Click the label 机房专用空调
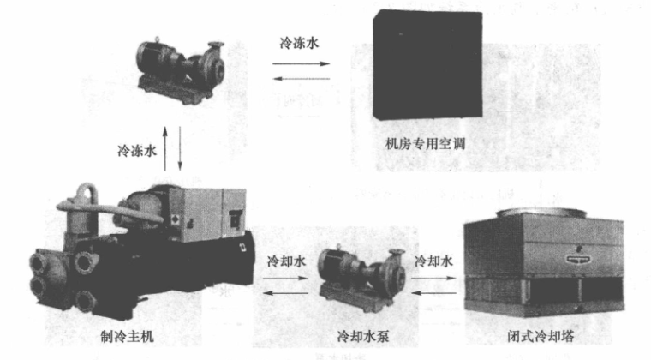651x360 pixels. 425,144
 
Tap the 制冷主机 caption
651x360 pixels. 127,335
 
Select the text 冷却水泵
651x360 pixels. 363,335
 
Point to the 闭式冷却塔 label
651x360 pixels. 541,335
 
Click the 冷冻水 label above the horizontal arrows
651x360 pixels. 299,43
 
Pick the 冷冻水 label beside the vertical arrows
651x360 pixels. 137,150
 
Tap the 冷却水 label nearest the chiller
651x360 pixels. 286,261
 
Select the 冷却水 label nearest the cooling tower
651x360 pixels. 434,261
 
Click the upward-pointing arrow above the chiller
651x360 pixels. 165,148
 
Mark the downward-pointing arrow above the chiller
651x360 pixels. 180,148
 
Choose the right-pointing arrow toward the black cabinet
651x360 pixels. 301,64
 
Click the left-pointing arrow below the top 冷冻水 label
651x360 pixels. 301,79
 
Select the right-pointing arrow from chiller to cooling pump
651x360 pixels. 285,279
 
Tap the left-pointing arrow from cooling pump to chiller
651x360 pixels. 285,293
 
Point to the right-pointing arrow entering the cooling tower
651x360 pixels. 434,279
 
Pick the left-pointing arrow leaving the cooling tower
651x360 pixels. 434,293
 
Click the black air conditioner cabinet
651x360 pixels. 427,65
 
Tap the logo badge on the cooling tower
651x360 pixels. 580,259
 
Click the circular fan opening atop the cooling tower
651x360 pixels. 541,213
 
